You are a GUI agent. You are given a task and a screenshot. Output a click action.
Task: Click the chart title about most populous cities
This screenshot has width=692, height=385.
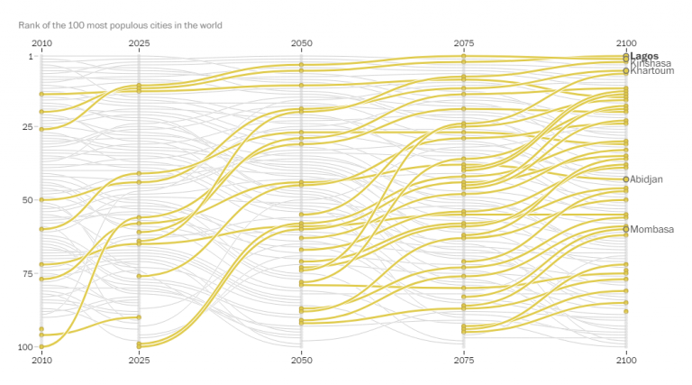pos(120,25)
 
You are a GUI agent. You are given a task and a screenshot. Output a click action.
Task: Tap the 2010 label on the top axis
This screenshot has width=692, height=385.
pos(41,43)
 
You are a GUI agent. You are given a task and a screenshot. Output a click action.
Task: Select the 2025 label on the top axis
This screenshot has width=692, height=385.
pos(139,43)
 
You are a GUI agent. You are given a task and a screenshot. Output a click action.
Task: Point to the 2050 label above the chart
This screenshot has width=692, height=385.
pos(302,43)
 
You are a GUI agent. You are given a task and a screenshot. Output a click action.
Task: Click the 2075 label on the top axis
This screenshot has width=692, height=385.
pos(464,43)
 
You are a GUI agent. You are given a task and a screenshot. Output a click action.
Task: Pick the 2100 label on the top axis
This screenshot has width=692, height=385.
pos(626,43)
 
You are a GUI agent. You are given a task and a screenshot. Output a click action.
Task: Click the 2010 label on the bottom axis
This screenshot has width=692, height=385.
pos(41,361)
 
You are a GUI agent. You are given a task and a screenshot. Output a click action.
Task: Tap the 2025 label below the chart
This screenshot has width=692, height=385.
pos(139,361)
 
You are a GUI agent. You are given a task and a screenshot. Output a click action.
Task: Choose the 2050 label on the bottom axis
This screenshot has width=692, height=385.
pos(302,361)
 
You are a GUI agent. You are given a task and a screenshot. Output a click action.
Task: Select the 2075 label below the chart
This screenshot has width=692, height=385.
pos(464,361)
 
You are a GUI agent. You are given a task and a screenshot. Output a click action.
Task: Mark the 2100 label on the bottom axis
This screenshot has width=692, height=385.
pos(626,361)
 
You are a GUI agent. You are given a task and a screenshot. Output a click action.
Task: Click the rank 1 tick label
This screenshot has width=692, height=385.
pos(30,57)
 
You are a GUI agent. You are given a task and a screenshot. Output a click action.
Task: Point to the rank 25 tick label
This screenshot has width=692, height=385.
pos(27,128)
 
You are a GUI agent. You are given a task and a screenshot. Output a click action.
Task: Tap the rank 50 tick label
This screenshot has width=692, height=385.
pos(27,200)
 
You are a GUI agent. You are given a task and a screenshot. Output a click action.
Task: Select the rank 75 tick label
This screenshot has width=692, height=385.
pos(27,273)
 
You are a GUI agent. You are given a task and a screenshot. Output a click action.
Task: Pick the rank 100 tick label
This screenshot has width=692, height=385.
pos(25,346)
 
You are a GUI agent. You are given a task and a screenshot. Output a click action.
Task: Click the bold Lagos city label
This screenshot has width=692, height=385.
pos(644,56)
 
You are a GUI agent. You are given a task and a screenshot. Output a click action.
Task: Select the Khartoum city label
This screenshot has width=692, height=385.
pos(651,71)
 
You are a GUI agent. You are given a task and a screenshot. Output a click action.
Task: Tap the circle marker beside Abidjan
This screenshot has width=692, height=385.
pos(626,179)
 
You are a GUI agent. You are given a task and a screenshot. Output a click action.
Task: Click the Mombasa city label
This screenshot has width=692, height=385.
pos(652,229)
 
